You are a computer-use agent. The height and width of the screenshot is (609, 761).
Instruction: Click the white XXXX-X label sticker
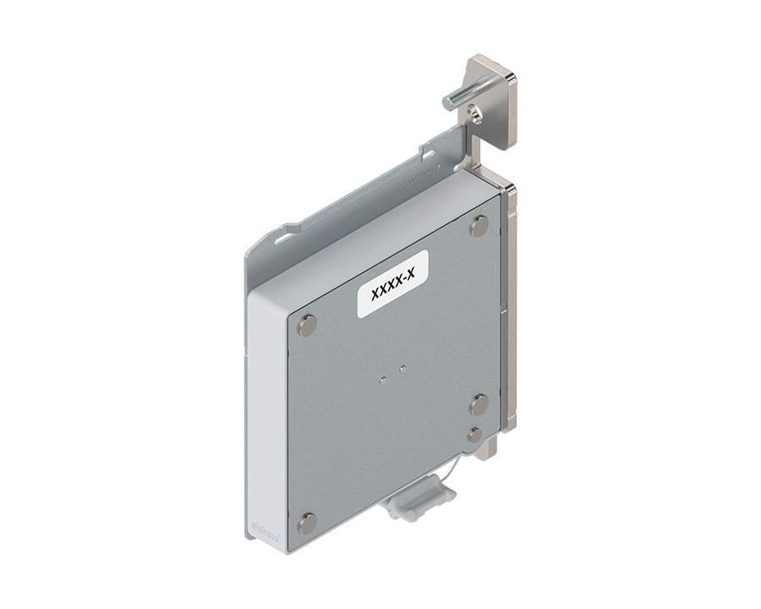click(392, 283)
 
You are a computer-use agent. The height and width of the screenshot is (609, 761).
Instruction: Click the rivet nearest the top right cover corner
click(479, 226)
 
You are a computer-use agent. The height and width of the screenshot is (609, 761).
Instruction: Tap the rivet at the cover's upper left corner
click(307, 325)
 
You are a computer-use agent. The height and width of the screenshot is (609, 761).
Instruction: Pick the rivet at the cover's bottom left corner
click(307, 523)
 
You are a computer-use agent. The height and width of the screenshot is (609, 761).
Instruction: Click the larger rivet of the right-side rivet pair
click(479, 404)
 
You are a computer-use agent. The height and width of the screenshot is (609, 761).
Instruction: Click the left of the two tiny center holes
click(383, 380)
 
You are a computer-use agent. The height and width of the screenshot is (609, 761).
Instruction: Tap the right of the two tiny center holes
click(402, 369)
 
